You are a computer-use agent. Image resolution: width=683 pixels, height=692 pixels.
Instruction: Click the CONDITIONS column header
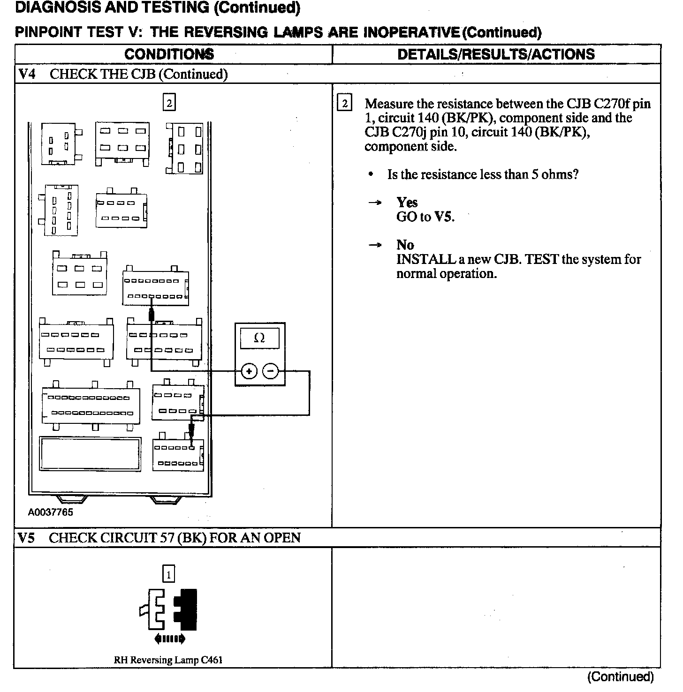point(169,54)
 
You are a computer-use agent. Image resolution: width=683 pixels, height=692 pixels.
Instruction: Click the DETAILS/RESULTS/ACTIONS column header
point(496,54)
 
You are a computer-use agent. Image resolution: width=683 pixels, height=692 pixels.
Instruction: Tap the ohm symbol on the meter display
point(259,338)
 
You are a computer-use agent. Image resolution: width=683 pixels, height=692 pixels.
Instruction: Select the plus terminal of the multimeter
point(249,372)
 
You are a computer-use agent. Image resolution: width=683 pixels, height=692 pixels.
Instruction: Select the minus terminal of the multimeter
point(270,372)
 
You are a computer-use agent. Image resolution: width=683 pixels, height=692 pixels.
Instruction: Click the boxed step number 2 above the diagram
point(169,102)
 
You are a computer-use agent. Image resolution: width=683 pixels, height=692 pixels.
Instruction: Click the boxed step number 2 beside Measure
point(345,104)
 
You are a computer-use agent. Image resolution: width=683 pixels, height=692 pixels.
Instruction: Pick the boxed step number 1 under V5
point(168,574)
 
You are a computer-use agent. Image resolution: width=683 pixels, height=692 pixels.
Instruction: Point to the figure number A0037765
point(51,512)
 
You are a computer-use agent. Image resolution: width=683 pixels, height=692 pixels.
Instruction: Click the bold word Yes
point(407,203)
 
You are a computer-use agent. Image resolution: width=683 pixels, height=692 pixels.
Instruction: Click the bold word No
point(405,245)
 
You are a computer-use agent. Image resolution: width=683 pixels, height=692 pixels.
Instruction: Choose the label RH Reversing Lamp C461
point(168,660)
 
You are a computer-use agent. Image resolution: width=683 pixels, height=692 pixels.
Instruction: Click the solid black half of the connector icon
point(186,609)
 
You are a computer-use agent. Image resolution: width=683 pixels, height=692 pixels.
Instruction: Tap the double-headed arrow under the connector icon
point(169,639)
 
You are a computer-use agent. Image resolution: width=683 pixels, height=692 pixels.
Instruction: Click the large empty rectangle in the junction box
point(90,454)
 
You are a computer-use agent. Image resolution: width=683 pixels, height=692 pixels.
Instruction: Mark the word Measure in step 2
point(389,104)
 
